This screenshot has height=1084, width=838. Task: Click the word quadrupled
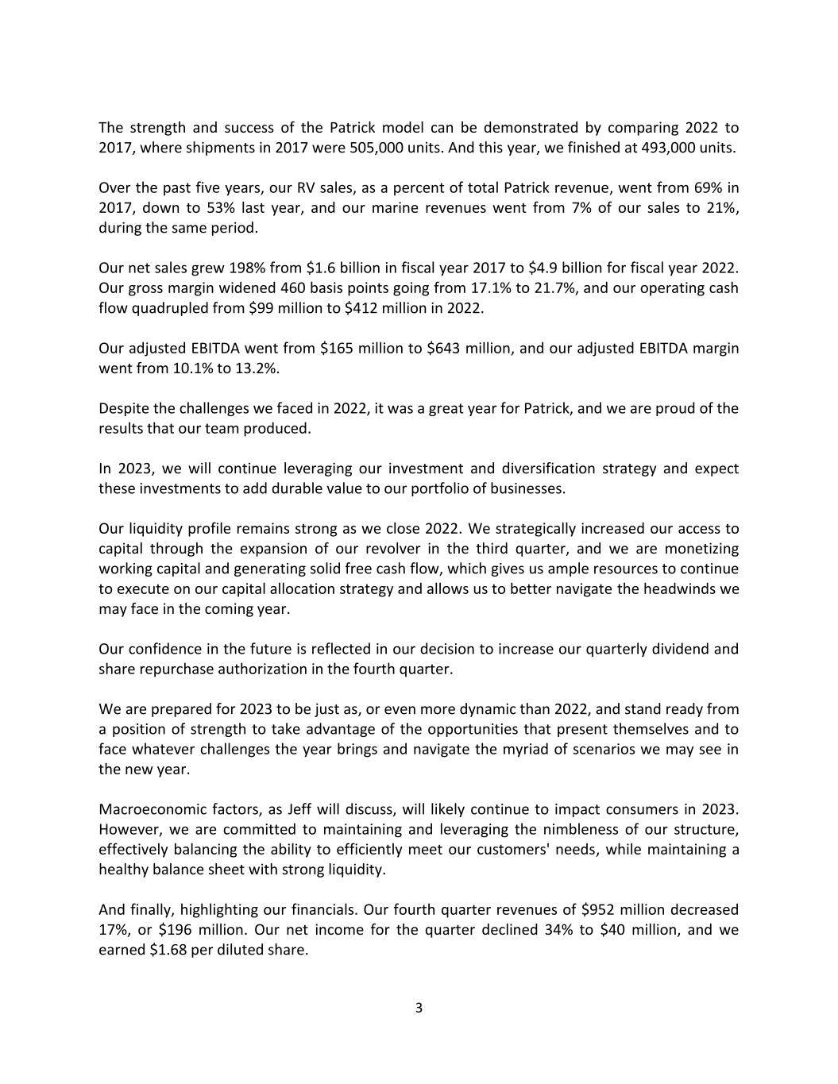172,308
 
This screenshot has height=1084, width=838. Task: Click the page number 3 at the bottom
419,1009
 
